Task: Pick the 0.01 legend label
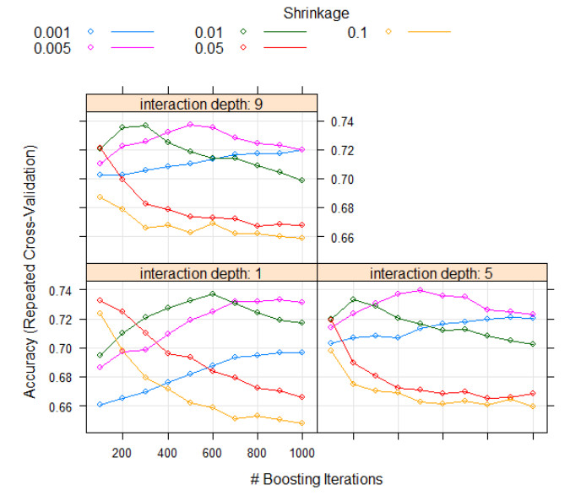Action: tap(209, 32)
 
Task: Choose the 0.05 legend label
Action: tap(209, 48)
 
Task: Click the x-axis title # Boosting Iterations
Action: tap(316, 478)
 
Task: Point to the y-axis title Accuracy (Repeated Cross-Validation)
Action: tap(30, 272)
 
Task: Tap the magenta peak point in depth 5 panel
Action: tap(421, 290)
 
